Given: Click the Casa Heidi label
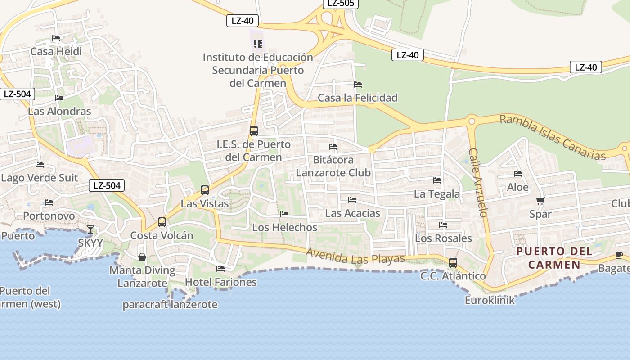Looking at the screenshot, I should [56, 52].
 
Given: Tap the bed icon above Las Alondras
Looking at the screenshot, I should [59, 98].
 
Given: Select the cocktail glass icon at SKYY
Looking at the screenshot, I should [90, 229].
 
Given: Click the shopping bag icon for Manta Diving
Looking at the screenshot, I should [142, 257].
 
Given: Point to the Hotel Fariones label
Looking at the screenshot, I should [220, 282].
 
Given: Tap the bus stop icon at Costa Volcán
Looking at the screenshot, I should [162, 222].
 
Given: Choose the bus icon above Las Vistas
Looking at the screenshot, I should [205, 190].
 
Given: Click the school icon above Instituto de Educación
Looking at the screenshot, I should [257, 44].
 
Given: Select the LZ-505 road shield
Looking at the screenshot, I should [341, 4].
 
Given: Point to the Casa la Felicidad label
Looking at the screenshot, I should [358, 98].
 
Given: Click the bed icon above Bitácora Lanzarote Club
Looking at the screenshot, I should [333, 147].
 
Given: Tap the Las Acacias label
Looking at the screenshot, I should [352, 213].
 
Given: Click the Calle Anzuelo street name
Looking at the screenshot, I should [478, 182].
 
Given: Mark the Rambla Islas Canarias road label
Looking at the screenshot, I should [553, 137].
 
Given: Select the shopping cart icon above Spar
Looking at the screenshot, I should [540, 201].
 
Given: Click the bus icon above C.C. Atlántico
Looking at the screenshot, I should [453, 262].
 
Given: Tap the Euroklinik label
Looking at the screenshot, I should [490, 300].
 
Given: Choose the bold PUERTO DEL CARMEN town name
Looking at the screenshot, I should [554, 258].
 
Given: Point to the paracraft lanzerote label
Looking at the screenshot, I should [170, 305].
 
